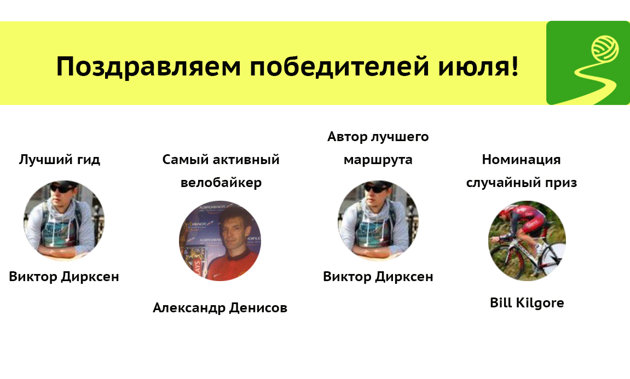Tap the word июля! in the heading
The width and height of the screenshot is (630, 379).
pos(478,66)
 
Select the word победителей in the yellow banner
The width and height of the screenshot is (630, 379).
pos(339,66)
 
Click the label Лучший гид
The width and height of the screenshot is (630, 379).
pos(60,160)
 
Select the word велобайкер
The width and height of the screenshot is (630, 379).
pos(221,183)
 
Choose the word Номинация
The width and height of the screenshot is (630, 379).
pos(521,160)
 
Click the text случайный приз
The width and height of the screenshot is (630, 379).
pos(522,183)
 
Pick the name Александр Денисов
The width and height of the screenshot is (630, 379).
pos(220,308)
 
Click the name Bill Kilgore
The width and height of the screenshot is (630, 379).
pos(527,303)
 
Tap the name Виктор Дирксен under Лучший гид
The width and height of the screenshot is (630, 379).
pos(64,277)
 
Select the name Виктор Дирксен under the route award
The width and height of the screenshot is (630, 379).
pos(378,277)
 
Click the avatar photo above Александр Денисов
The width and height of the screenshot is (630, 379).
pos(220,241)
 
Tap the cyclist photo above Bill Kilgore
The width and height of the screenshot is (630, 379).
pos(527,241)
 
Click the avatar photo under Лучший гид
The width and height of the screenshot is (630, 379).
pos(64,220)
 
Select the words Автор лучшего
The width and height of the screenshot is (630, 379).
pos(378,137)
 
